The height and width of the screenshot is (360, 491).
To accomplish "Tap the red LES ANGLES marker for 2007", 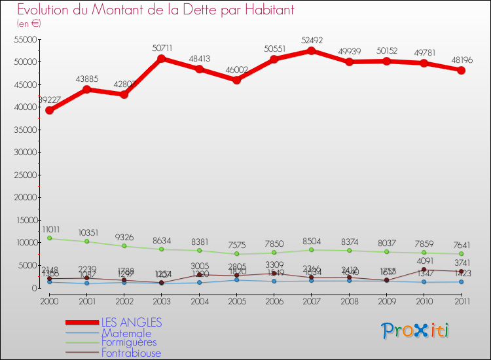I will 312,50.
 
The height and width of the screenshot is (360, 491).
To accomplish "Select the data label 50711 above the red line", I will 161,48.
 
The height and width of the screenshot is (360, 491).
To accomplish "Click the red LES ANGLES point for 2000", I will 49,110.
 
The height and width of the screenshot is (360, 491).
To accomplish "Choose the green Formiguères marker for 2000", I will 49,238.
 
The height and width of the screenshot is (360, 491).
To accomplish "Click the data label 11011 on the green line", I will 52,230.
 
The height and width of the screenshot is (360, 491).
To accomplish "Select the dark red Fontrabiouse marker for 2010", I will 424,270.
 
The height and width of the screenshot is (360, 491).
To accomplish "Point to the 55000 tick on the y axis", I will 26,40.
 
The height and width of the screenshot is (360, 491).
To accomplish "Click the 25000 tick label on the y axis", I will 26,175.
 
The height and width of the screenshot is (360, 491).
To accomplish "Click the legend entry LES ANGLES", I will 131,323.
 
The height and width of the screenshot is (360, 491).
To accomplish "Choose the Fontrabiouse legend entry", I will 131,353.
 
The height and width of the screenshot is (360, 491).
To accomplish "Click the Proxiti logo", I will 416,331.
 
